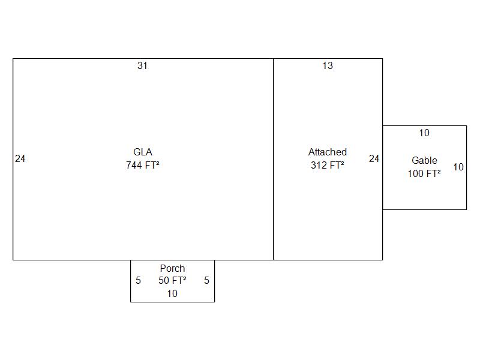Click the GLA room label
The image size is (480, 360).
(x=142, y=152)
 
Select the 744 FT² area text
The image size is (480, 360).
(x=142, y=165)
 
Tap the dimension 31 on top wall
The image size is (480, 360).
(x=142, y=66)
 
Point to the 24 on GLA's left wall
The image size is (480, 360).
(x=20, y=159)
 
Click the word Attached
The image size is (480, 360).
(x=327, y=152)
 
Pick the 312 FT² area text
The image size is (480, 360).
(x=327, y=165)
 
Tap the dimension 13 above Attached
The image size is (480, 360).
(x=327, y=66)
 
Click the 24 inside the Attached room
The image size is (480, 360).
(x=374, y=159)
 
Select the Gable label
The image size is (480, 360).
(x=424, y=161)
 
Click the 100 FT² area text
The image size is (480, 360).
(x=424, y=174)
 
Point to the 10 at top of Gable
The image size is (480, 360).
(x=424, y=133)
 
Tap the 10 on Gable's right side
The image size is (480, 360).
(x=458, y=167)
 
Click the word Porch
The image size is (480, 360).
(x=172, y=269)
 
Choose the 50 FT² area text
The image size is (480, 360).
(x=172, y=281)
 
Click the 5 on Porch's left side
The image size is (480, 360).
(x=138, y=281)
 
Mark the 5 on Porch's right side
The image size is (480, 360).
(x=206, y=281)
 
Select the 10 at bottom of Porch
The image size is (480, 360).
(x=172, y=294)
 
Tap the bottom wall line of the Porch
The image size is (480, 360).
(x=172, y=302)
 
